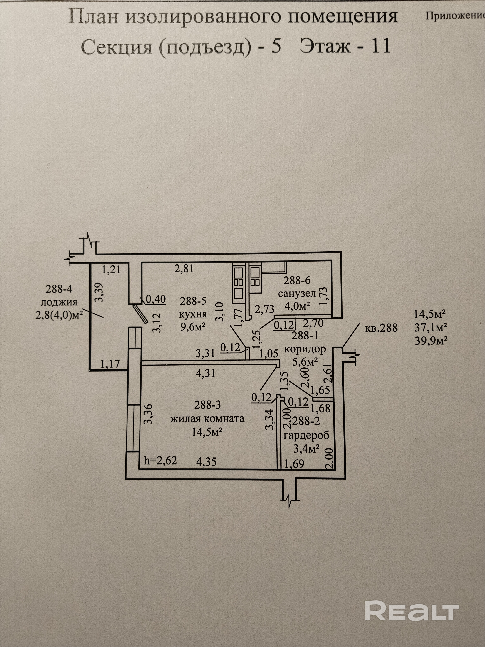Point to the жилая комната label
point(207,418)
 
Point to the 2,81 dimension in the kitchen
point(184,268)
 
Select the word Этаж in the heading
point(325,46)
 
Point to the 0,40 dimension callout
point(155,299)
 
